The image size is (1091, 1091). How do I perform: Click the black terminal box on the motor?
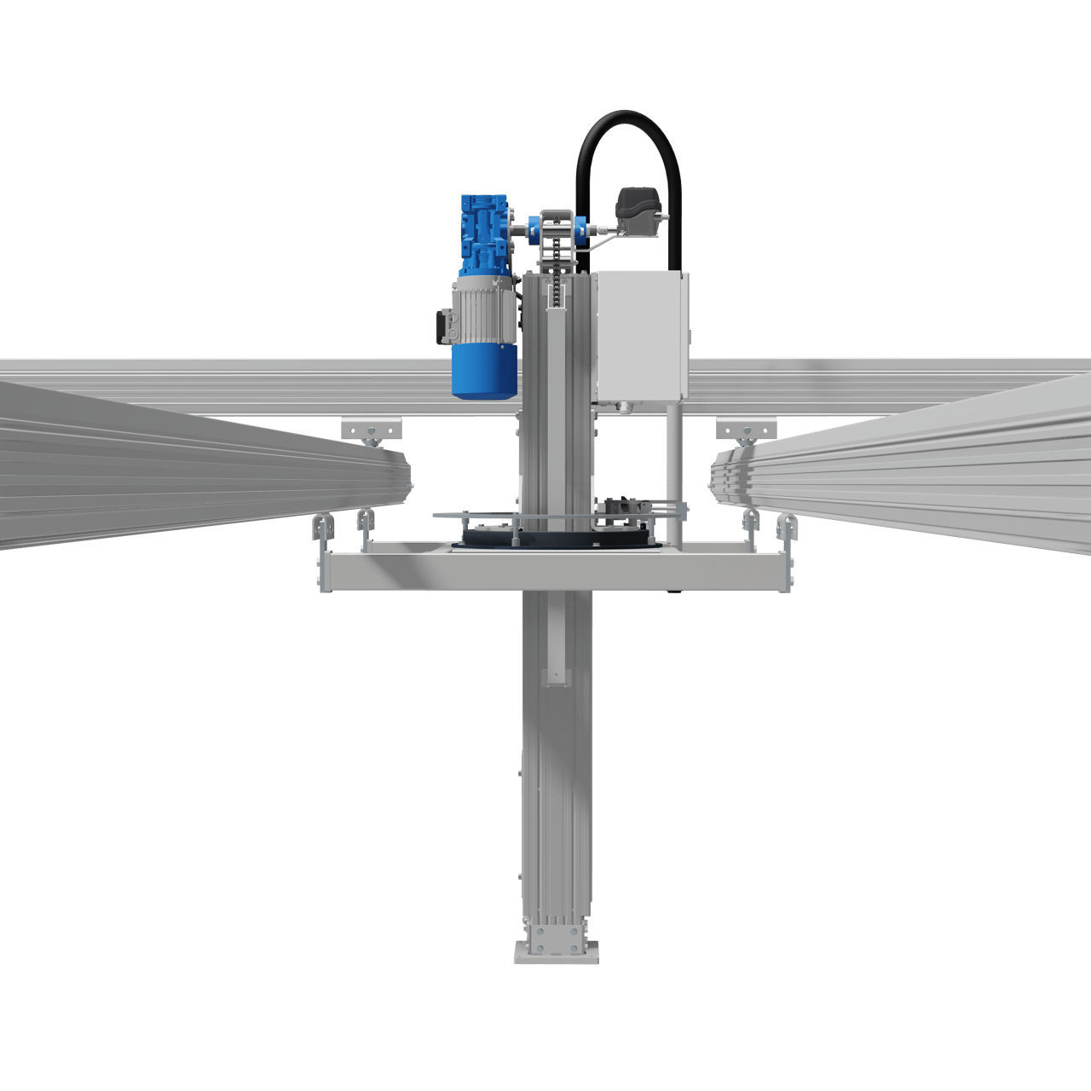click(x=442, y=327)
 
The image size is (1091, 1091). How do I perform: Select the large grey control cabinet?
click(x=640, y=334)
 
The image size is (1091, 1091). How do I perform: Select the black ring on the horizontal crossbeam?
click(x=555, y=540)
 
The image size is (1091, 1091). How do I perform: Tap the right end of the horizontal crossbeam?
click(x=788, y=572)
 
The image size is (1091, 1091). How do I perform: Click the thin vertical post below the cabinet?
click(x=673, y=469)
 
